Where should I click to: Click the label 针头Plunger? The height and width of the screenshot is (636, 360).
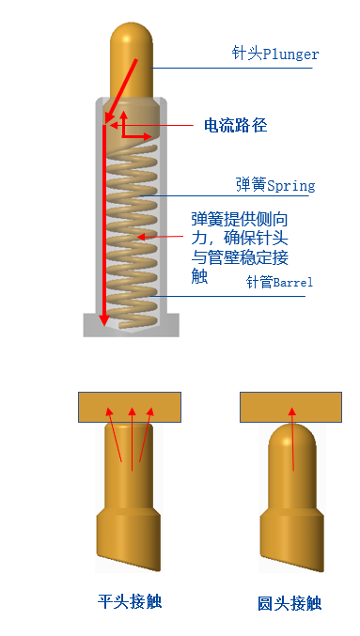pyautogui.click(x=275, y=54)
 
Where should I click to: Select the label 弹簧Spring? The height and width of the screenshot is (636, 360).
pyautogui.click(x=275, y=185)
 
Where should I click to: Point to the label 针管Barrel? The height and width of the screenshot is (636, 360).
pyautogui.click(x=279, y=282)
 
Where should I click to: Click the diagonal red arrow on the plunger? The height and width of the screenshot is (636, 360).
pyautogui.click(x=124, y=89)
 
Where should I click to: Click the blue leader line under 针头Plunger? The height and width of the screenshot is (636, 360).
pyautogui.click(x=235, y=68)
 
